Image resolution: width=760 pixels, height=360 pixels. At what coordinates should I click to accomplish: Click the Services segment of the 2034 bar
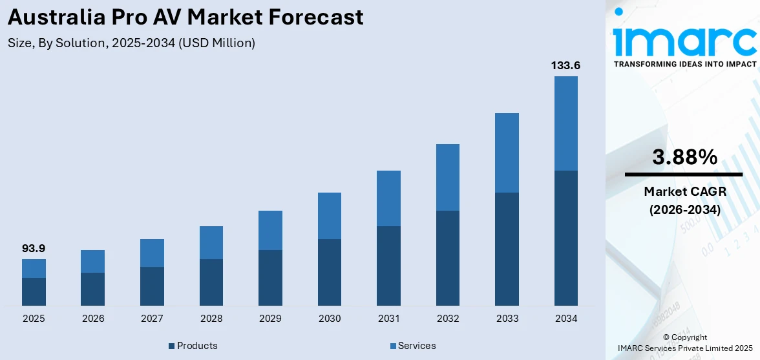pos(566,123)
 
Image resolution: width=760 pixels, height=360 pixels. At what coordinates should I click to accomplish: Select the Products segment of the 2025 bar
pos(34,291)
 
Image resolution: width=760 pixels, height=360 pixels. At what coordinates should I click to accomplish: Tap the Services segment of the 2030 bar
pos(330,216)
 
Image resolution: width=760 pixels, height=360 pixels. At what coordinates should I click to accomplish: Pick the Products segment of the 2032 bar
pos(448,258)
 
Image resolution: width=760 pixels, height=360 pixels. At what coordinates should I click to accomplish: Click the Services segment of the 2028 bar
pos(211,242)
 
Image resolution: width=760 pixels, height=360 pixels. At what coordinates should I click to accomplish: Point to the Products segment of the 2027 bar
pos(152,286)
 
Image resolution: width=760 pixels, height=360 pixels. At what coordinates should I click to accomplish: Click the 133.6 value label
pos(565,65)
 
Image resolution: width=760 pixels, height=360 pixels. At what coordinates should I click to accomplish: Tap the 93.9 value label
pos(34,248)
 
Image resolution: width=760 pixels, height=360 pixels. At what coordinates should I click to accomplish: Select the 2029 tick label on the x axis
pos(270,319)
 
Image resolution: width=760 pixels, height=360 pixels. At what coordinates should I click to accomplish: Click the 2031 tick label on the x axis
pos(388,319)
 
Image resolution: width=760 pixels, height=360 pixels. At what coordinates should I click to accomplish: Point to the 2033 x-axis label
pos(507,319)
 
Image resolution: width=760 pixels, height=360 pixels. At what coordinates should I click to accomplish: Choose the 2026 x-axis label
pos(93,319)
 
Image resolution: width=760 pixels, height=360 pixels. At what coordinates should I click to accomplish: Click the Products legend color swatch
pos(172,346)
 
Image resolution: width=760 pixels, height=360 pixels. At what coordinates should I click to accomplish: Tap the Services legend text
pos(417,346)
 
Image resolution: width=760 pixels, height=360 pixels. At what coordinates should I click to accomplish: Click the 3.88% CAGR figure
pos(684,157)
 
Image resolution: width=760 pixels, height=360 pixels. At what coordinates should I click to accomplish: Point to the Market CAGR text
pos(684,191)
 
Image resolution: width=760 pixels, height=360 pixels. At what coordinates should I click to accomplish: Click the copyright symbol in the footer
pos(667,337)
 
